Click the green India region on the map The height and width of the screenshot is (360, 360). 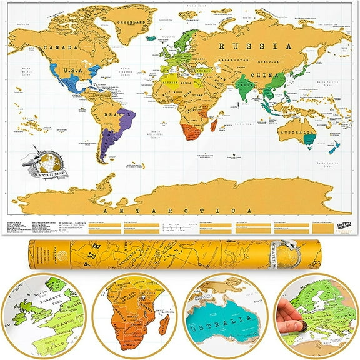point(247,88)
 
